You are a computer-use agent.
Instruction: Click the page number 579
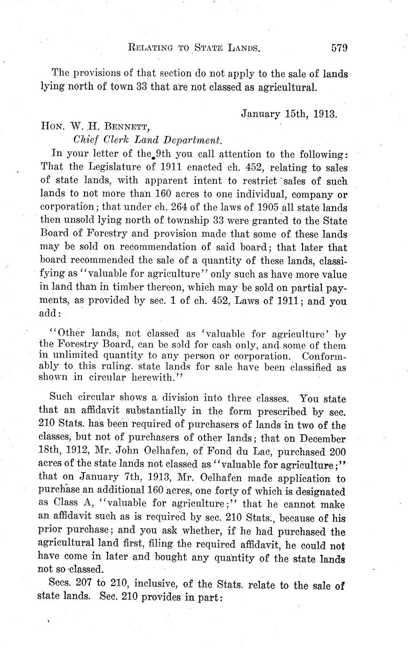[339, 47]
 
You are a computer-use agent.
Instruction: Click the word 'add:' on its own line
[49, 313]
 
